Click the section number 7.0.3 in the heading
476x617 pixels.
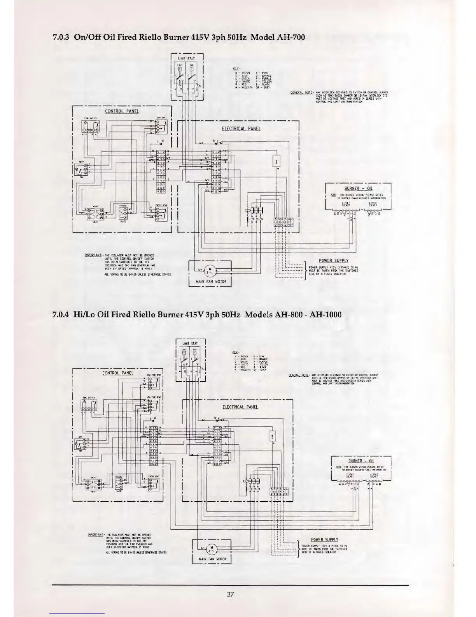60,37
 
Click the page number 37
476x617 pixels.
230,594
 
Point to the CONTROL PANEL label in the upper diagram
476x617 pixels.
122,111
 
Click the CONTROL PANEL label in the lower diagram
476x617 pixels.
117,373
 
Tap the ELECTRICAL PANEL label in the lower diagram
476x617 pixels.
240,407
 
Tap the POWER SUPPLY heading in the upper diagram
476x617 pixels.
334,261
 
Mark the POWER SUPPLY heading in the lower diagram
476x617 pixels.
325,539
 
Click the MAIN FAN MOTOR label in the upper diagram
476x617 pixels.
210,281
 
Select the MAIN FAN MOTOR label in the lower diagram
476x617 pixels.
212,560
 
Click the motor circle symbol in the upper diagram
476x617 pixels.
210,269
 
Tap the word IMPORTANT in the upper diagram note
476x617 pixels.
93,256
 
